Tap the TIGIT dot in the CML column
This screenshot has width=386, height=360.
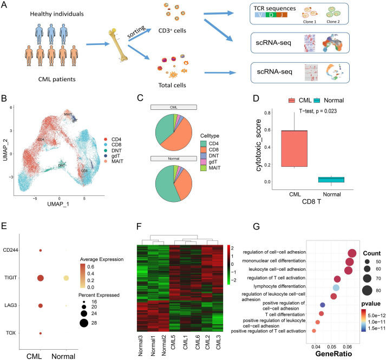40,278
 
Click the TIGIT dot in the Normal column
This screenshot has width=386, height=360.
66,278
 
